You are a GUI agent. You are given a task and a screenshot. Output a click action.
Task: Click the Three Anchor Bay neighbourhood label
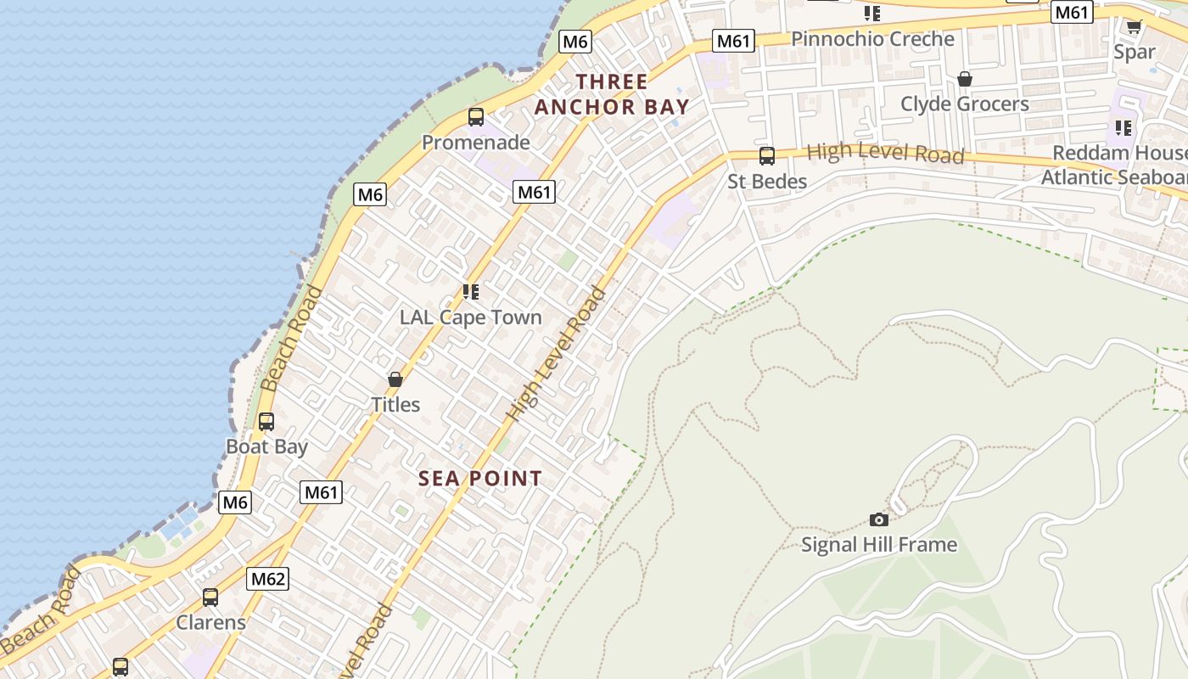(x=611, y=94)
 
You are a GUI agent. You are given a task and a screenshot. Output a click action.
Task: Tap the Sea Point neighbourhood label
(x=480, y=479)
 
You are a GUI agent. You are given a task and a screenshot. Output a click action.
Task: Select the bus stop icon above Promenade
(x=476, y=117)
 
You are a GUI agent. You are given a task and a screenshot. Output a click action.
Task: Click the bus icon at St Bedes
(x=767, y=156)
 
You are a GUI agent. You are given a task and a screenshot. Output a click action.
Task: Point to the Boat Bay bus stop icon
(x=266, y=422)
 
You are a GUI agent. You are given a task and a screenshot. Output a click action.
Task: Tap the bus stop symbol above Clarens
(x=210, y=598)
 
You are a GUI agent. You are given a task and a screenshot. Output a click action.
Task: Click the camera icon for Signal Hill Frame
(x=879, y=519)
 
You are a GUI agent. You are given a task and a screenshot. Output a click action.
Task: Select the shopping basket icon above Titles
(x=395, y=379)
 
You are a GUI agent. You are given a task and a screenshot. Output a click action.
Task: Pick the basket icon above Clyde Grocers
(x=965, y=79)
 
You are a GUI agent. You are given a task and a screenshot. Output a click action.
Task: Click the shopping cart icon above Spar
(x=1134, y=26)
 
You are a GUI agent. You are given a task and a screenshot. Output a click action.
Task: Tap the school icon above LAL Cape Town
(x=471, y=292)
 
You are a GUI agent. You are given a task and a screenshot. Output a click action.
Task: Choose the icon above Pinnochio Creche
(x=872, y=14)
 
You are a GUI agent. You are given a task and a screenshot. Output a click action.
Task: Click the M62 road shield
(x=268, y=580)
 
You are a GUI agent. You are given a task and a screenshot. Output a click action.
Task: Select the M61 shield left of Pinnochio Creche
(x=733, y=41)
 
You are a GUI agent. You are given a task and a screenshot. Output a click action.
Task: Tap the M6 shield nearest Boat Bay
(x=235, y=502)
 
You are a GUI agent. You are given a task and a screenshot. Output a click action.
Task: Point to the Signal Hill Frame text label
(x=879, y=545)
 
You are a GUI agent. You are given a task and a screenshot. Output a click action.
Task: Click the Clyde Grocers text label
(x=965, y=104)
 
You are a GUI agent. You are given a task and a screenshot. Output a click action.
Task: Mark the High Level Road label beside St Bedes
(x=885, y=153)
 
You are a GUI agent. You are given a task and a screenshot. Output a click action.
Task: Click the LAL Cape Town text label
(x=471, y=317)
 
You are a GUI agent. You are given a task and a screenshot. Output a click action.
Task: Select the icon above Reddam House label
(x=1124, y=128)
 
